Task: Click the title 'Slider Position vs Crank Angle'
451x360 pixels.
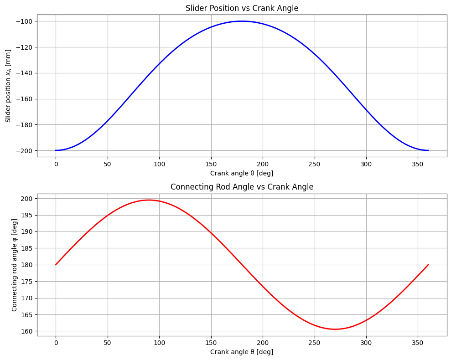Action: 242,8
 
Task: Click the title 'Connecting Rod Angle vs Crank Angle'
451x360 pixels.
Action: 242,187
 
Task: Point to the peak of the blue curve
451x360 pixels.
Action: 242,21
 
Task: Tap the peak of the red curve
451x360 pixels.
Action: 149,200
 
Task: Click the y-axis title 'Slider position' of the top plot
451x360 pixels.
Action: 8,86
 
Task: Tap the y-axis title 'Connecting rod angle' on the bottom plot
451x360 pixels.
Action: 15,265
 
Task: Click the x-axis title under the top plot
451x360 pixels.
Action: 242,173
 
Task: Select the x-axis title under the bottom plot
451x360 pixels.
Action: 242,352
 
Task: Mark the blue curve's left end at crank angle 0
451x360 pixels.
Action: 56,150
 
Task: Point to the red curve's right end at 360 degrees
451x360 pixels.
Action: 428,265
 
